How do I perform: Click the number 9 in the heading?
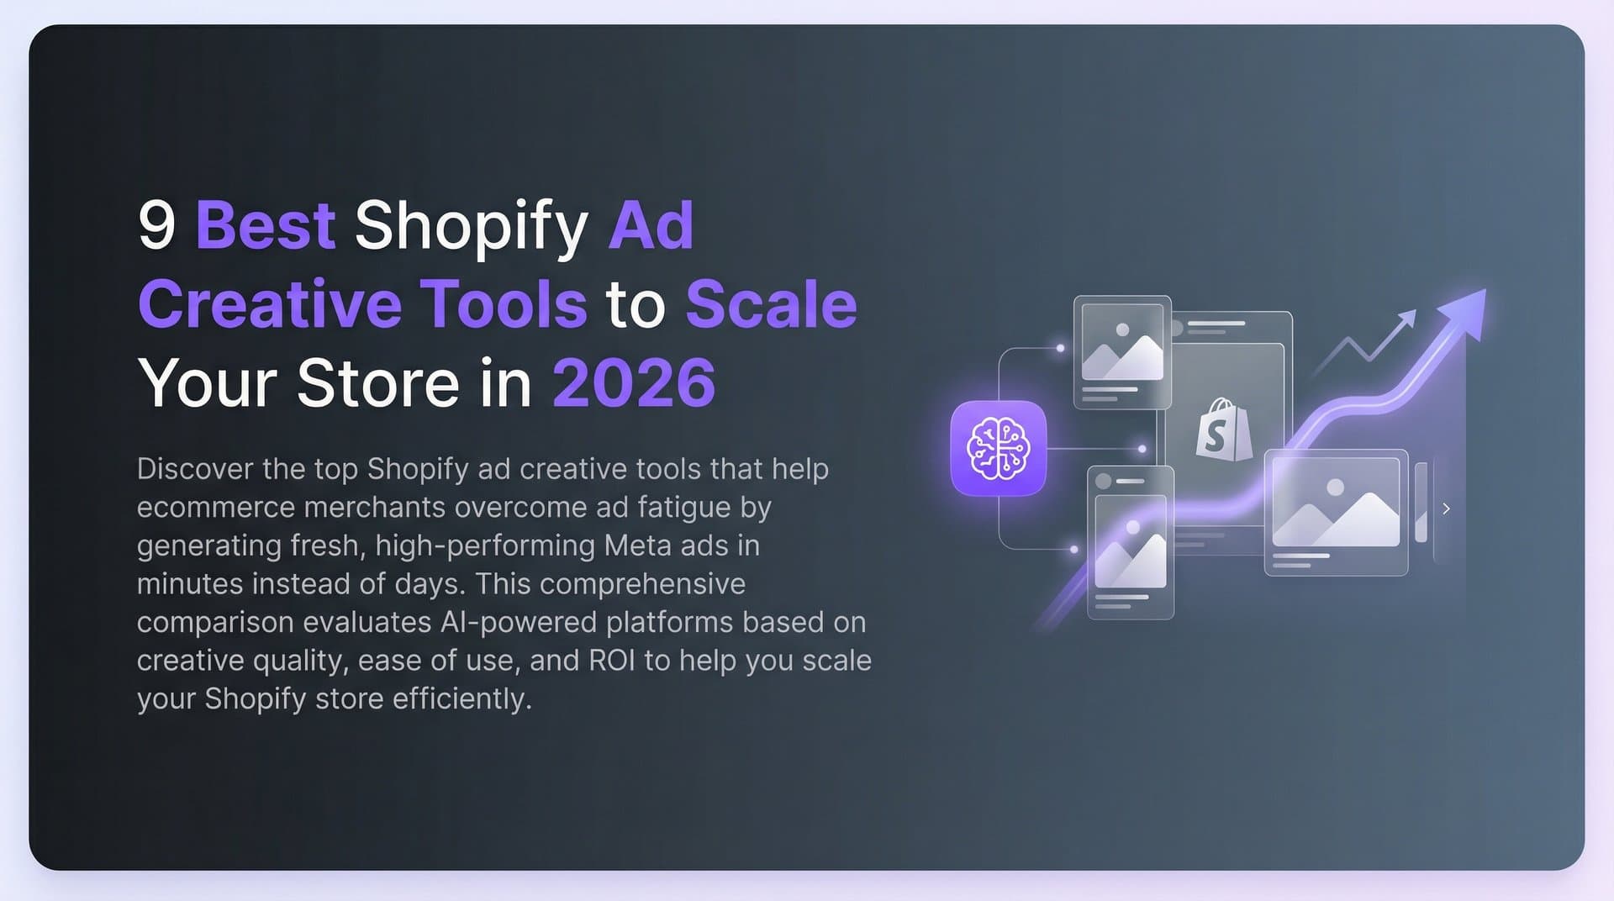[156, 225]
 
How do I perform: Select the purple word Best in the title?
[266, 225]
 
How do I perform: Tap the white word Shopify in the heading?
[471, 227]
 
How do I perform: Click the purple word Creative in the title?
[269, 304]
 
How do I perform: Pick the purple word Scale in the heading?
[771, 304]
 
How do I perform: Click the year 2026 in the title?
[633, 383]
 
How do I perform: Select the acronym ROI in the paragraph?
[612, 661]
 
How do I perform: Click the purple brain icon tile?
[998, 448]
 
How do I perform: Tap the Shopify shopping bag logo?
[1223, 429]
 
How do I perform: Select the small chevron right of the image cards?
[1446, 508]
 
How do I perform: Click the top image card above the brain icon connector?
[1122, 352]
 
